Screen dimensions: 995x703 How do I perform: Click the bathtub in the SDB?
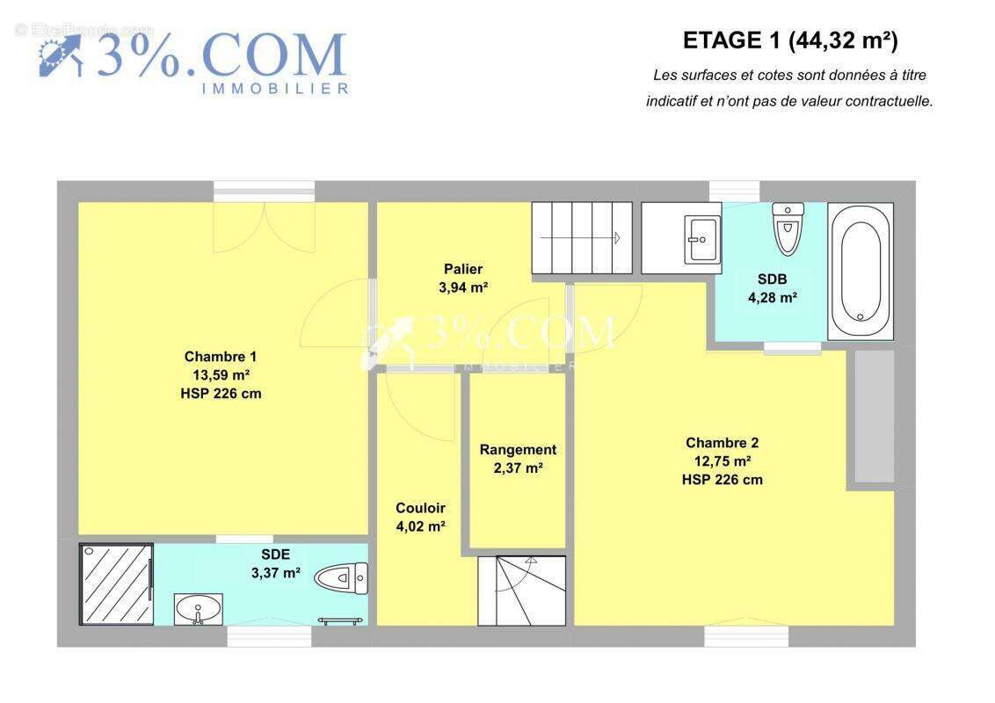pos(861,271)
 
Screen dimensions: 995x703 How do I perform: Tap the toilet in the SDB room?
pos(788,228)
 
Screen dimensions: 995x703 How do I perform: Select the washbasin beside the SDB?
pos(701,239)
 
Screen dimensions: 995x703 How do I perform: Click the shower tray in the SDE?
pos(116,583)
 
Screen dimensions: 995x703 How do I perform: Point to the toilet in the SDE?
pos(342,577)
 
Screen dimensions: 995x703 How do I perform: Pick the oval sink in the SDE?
pos(198,610)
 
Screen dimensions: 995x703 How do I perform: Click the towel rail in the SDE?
pos(341,620)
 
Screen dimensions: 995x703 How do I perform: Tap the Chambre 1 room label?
pos(221,357)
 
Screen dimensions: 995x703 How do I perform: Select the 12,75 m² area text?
pos(723,461)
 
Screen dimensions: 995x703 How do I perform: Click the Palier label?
pos(463,269)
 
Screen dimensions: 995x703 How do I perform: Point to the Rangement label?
pos(518,450)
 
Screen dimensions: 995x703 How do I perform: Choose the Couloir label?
pos(420,508)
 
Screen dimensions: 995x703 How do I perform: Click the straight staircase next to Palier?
pos(582,238)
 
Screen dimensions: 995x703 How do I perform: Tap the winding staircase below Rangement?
pos(521,591)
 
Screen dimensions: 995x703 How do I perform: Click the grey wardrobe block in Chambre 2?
pos(875,416)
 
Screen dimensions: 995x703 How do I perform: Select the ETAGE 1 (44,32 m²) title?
pos(790,40)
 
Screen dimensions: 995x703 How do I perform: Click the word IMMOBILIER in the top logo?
pos(275,90)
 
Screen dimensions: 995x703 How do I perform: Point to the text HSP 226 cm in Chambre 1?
pos(221,394)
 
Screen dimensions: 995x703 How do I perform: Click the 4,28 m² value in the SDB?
pos(773,297)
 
